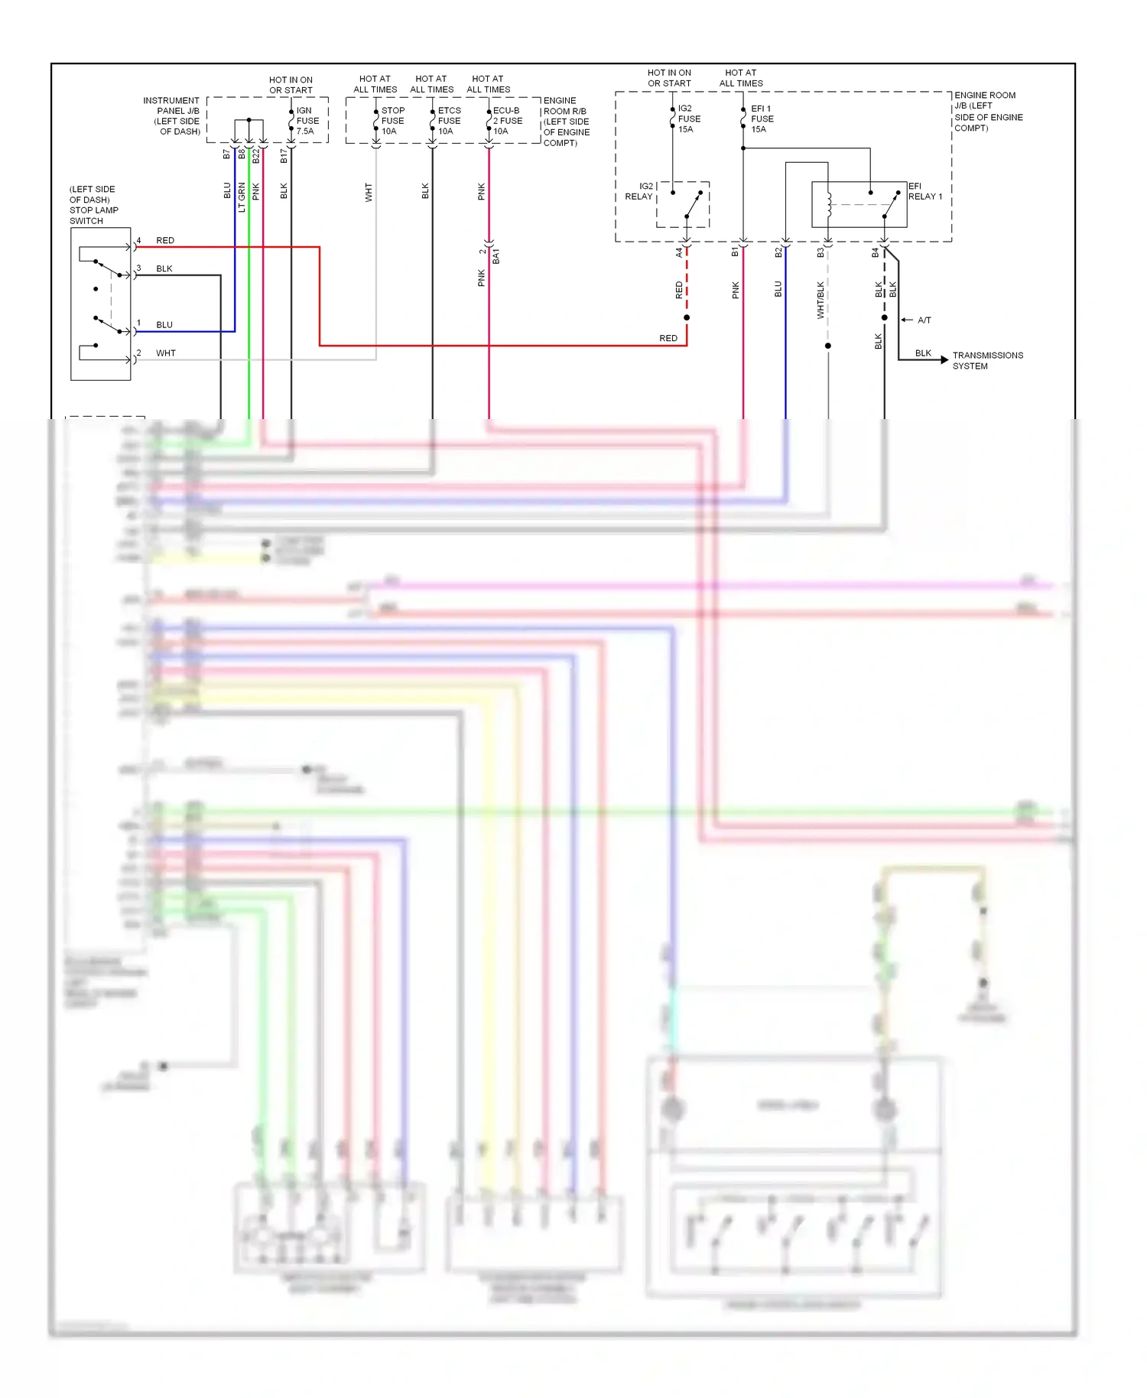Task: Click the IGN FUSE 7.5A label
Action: (x=307, y=121)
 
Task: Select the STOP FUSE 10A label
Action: (x=392, y=121)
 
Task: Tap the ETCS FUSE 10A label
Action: (x=449, y=121)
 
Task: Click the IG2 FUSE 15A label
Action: (x=688, y=119)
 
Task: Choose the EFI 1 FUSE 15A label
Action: (x=762, y=119)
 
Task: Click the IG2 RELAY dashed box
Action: (x=683, y=205)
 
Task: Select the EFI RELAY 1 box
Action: (x=859, y=205)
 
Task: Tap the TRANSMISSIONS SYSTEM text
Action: (x=987, y=360)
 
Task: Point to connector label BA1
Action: (x=496, y=256)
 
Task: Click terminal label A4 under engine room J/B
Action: (x=678, y=252)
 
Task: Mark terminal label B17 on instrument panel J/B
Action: (x=284, y=156)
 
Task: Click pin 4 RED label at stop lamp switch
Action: (x=164, y=240)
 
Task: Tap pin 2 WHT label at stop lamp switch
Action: (x=165, y=353)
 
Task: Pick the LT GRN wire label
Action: (x=242, y=197)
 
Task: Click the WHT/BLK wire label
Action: (x=820, y=299)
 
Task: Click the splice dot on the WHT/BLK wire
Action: (x=828, y=346)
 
